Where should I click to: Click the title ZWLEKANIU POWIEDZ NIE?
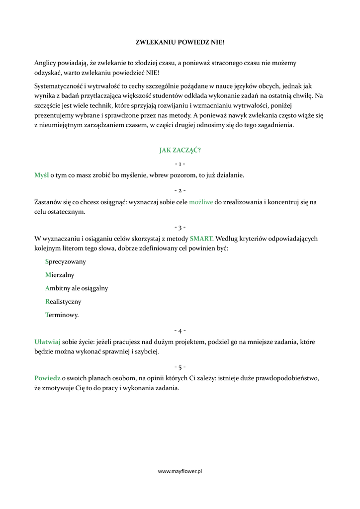180,43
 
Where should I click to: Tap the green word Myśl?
42,175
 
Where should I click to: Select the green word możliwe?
201,202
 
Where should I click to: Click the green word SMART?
201,239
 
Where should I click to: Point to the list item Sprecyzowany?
65,261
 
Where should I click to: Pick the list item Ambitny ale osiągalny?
76,288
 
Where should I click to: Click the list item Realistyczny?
63,302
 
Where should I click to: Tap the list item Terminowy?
62,315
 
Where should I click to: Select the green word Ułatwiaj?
47,342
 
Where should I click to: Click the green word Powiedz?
47,378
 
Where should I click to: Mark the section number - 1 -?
180,164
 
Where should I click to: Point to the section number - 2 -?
180,190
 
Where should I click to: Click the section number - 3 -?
180,227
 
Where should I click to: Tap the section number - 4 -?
180,330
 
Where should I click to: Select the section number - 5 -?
180,367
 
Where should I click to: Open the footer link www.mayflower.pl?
180,471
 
